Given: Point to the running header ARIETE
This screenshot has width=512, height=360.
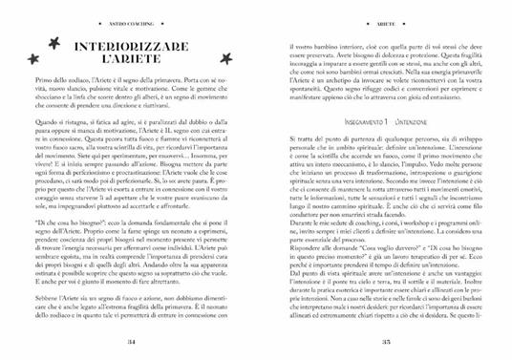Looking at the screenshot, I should coord(380,13).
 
